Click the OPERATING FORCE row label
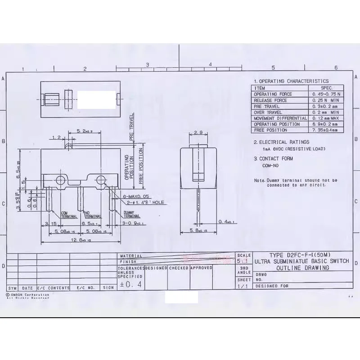[273, 94]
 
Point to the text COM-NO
[270, 166]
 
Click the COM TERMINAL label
[67, 214]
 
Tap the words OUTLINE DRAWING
[302, 268]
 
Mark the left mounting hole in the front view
[60, 180]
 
